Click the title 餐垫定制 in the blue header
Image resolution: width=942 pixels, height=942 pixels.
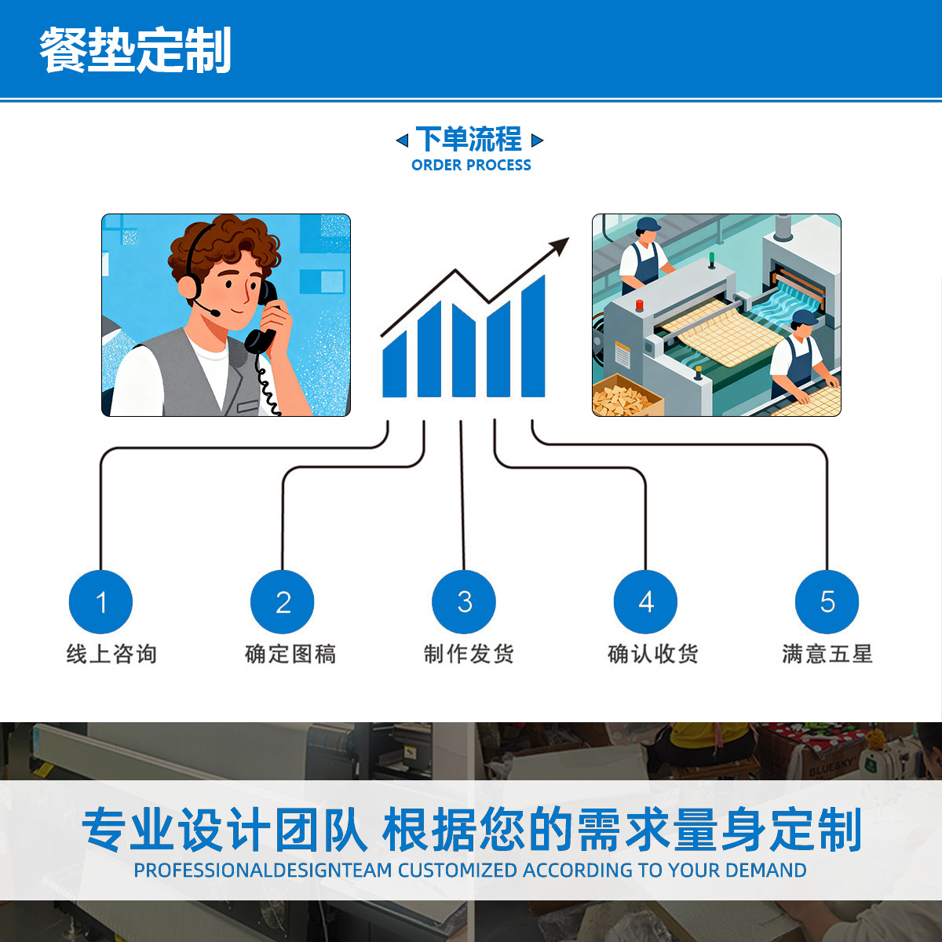[135, 50]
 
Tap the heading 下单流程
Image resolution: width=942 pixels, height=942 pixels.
[469, 140]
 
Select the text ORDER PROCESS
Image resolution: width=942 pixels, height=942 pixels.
[471, 165]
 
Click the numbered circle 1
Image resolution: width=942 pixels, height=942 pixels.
[100, 602]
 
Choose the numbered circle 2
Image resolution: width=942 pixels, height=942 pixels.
[283, 602]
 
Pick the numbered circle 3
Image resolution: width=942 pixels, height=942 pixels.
[464, 602]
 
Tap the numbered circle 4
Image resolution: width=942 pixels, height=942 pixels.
[645, 602]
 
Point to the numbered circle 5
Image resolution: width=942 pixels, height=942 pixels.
[827, 602]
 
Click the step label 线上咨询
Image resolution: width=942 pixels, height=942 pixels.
[111, 654]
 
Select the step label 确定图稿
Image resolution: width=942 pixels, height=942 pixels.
[290, 654]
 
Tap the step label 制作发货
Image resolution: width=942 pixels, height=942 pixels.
[469, 654]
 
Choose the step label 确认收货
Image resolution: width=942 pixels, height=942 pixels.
[653, 654]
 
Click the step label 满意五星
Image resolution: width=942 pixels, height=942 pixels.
[827, 654]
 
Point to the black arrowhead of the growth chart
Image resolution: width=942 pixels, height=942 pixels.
[560, 246]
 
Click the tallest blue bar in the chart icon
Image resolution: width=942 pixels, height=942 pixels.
[533, 338]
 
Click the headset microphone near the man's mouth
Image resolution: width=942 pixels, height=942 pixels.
[214, 312]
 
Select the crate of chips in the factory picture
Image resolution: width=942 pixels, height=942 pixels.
[626, 396]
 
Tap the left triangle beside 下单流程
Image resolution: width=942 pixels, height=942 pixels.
[402, 141]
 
